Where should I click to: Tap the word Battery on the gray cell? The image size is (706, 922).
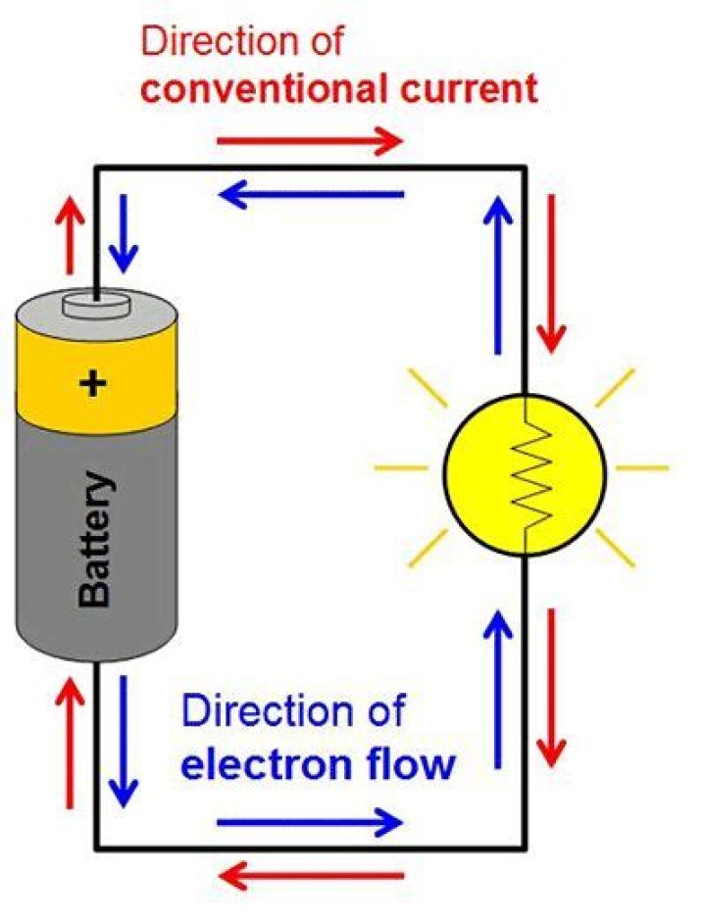pyautogui.click(x=95, y=540)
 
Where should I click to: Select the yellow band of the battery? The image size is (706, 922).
pyautogui.click(x=95, y=382)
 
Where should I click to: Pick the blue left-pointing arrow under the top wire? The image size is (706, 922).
pyautogui.click(x=312, y=194)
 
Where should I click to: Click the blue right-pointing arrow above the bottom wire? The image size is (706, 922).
pyautogui.click(x=309, y=821)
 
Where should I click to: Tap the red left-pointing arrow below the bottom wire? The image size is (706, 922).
pyautogui.click(x=312, y=873)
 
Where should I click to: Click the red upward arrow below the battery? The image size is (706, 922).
pyautogui.click(x=69, y=743)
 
